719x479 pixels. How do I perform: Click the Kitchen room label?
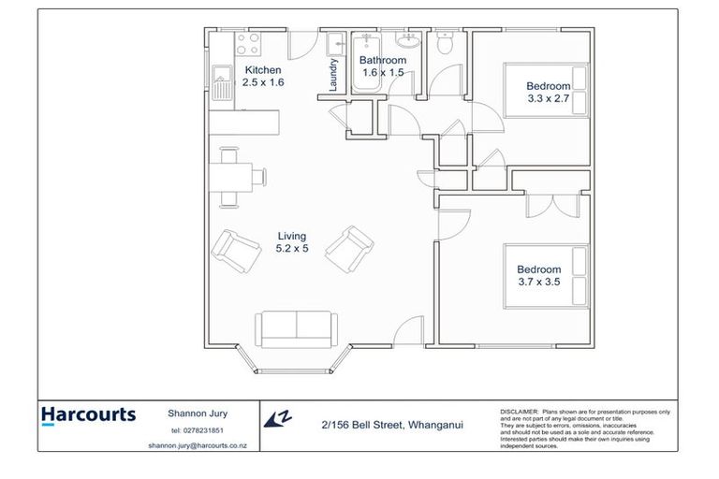(x=262, y=70)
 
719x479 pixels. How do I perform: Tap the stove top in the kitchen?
(x=248, y=44)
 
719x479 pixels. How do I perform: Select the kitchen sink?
(x=223, y=83)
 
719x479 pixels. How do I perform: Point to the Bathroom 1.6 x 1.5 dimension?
(x=383, y=73)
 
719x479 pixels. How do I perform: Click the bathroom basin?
(x=408, y=39)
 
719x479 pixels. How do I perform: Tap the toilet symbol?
(x=447, y=41)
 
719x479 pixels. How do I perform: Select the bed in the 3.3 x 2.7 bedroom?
(x=548, y=90)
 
